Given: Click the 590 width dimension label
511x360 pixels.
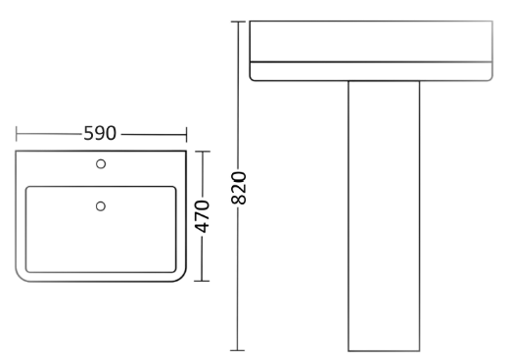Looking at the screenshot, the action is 100,133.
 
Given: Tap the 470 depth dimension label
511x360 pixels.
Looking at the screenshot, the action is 202,216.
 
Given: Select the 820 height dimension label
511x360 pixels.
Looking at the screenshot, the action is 239,188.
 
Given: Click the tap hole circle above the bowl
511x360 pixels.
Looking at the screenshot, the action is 101,163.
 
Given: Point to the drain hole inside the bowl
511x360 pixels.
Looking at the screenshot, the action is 101,206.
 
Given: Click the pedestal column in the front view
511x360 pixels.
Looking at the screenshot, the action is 384,216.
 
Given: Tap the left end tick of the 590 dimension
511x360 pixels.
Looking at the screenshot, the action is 17,134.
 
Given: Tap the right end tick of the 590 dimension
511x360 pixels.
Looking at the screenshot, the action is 186,135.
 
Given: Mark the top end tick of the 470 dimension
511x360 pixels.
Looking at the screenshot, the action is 202,152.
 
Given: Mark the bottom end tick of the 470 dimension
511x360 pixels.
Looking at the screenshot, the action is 202,281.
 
